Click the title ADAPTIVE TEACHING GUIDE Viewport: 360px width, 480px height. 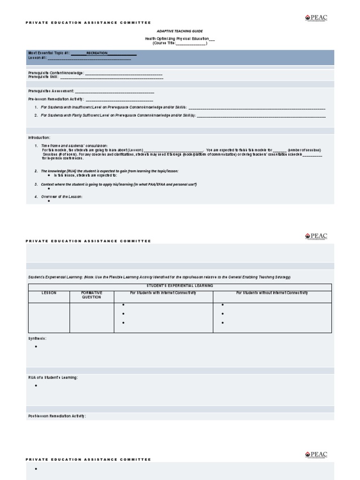(x=180, y=31)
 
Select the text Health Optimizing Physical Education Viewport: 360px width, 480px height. (x=176, y=38)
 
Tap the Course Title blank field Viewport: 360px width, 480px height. (x=190, y=43)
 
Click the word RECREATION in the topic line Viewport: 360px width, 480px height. (x=97, y=53)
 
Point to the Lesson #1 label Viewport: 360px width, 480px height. (x=37, y=58)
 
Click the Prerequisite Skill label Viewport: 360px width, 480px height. (x=43, y=77)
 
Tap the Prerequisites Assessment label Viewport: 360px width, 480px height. (x=51, y=90)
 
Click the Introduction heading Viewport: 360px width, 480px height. (x=39, y=138)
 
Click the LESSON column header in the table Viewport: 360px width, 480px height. (x=49, y=293)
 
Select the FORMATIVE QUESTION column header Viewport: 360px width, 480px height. (x=92, y=295)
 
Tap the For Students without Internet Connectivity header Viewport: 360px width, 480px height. (x=272, y=293)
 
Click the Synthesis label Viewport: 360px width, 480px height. (x=37, y=338)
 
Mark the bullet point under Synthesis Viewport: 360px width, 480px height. (x=36, y=347)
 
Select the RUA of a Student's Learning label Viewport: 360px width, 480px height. (x=53, y=377)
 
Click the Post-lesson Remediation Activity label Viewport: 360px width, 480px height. (x=57, y=416)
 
